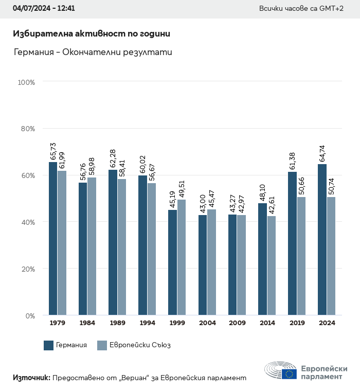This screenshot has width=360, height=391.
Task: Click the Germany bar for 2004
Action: click(203, 265)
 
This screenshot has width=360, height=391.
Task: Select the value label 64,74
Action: click(322, 153)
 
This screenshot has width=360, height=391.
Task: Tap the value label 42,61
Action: click(271, 205)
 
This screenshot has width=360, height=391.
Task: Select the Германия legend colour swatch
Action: click(49, 345)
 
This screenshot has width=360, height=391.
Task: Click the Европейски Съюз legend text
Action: click(140, 345)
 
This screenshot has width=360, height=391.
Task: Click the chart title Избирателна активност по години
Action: click(91, 34)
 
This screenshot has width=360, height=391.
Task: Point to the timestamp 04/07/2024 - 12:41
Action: click(44, 9)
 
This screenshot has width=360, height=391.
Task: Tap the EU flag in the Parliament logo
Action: click(289, 374)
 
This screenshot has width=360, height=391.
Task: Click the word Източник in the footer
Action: click(31, 378)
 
